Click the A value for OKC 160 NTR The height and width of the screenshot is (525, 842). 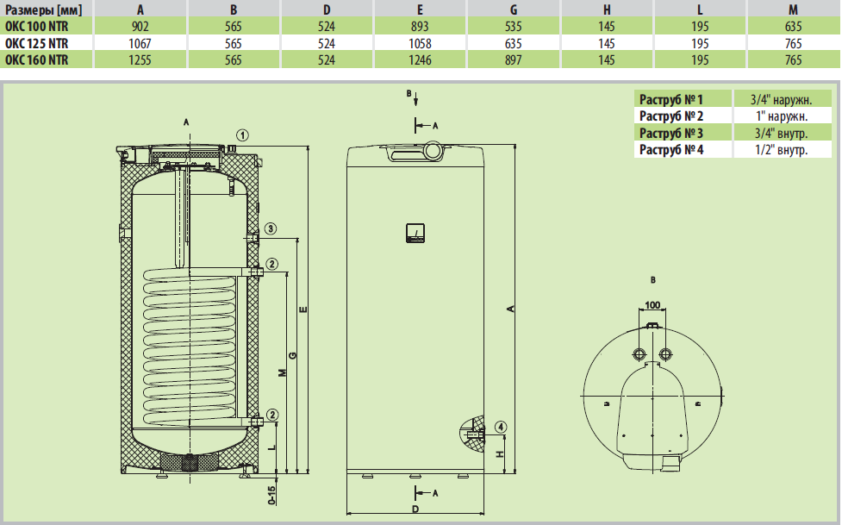[x=140, y=59]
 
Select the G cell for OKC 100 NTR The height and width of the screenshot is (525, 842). [x=514, y=27]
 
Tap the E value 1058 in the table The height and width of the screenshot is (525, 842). [x=420, y=43]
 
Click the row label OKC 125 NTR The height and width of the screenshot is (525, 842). [x=36, y=43]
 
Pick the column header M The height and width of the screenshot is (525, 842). [x=793, y=9]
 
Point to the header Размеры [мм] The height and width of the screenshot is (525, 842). [x=43, y=9]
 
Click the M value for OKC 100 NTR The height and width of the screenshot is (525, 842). [x=793, y=27]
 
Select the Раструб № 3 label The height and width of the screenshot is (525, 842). [x=670, y=133]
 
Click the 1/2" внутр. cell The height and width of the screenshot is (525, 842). [x=782, y=149]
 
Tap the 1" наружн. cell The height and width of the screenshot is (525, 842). [x=782, y=116]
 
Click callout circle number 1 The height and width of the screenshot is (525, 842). [x=243, y=135]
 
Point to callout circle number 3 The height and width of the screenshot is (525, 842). [x=271, y=228]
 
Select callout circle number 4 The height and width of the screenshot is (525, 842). [x=501, y=428]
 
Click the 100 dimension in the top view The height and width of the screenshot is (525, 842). [x=652, y=305]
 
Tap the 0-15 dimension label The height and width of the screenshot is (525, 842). [x=271, y=495]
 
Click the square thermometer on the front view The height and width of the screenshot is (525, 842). [x=415, y=234]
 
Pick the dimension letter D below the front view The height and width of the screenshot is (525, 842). [x=415, y=509]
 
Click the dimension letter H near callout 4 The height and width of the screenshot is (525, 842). [x=500, y=453]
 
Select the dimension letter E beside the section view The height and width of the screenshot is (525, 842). [x=303, y=309]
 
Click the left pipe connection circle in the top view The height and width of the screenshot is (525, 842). [x=639, y=353]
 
